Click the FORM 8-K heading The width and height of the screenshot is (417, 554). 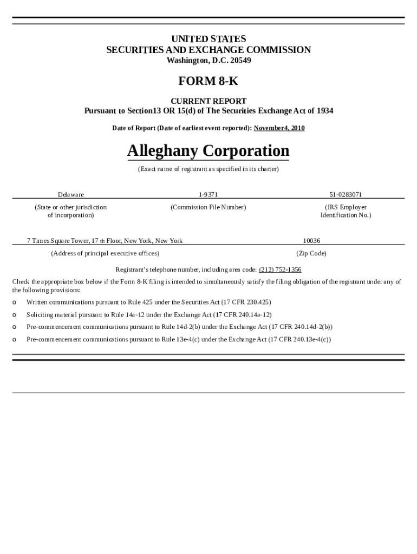click(x=208, y=81)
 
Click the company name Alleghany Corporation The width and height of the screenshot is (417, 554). click(x=208, y=150)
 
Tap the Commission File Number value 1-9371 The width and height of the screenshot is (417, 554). click(x=208, y=194)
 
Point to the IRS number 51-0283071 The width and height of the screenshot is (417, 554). click(x=346, y=194)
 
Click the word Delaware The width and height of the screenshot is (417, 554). click(x=71, y=194)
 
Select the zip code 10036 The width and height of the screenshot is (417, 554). click(x=311, y=241)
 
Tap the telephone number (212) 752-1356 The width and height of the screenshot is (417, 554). click(x=280, y=269)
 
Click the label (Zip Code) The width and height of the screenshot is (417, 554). click(x=311, y=253)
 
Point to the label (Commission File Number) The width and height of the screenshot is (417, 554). click(x=208, y=207)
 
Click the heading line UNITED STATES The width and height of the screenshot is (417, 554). click(x=208, y=39)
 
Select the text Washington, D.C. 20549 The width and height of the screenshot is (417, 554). click(x=208, y=60)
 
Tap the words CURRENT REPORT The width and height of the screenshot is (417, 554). click(x=208, y=101)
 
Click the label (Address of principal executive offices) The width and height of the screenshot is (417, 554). click(x=105, y=253)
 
